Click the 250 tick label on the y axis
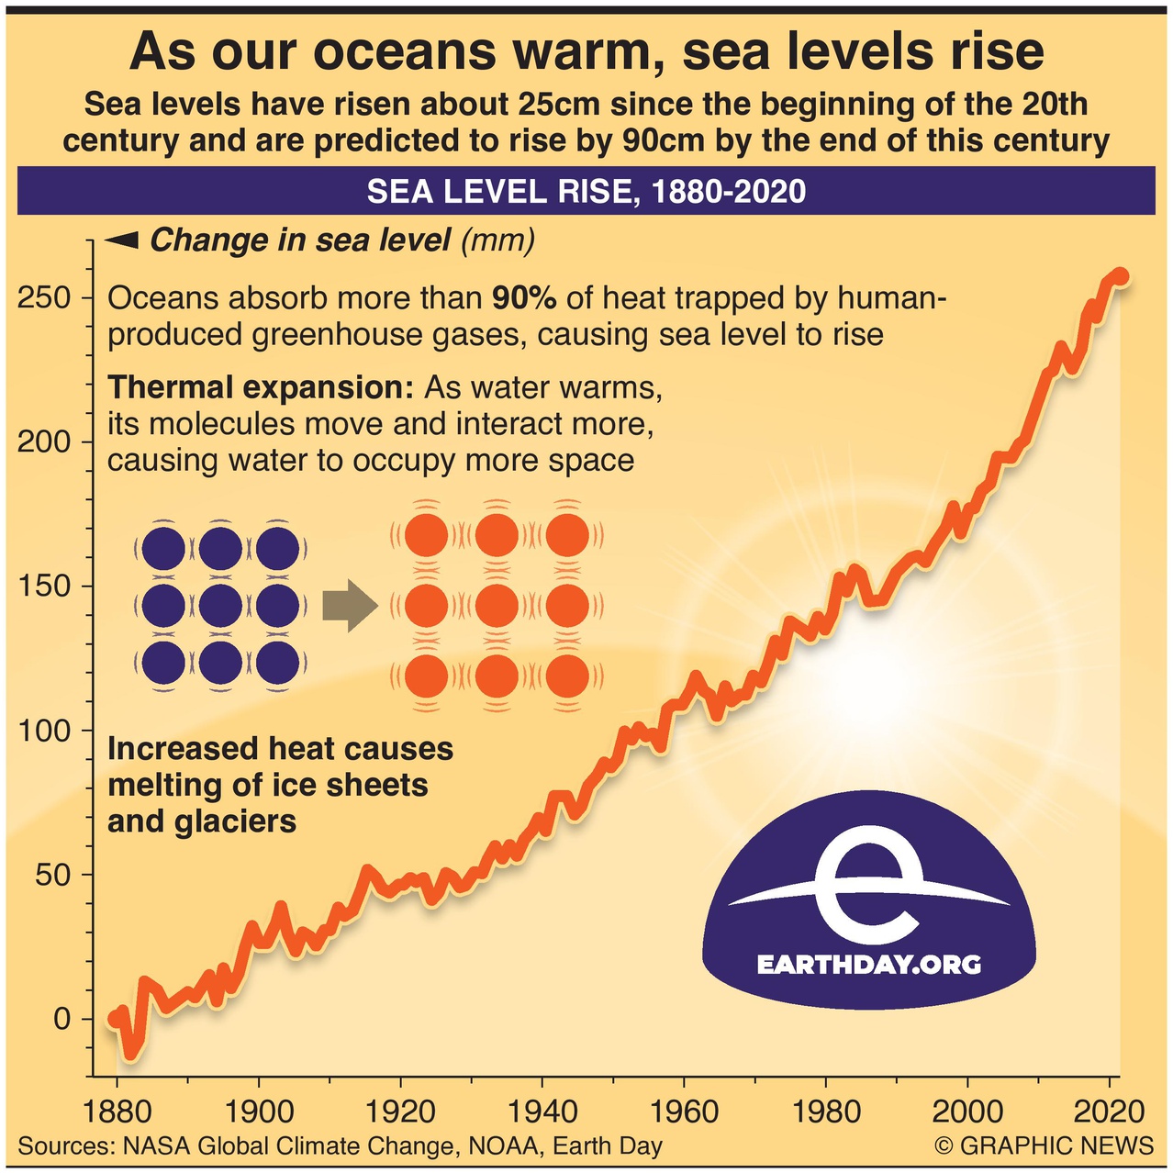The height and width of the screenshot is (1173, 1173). [44, 298]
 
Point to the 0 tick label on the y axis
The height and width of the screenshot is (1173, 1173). [61, 1018]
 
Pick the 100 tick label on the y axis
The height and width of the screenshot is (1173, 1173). [44, 731]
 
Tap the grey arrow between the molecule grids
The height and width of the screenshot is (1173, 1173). [350, 606]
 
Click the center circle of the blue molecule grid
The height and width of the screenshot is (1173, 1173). [220, 606]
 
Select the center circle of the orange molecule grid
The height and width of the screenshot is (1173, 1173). [497, 606]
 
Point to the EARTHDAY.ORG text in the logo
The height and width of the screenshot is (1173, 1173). [868, 965]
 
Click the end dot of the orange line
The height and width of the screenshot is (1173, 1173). [1120, 276]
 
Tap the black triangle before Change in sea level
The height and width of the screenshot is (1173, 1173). [122, 240]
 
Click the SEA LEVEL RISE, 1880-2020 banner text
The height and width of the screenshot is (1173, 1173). [586, 191]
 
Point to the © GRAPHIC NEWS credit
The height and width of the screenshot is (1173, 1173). [1045, 1145]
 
